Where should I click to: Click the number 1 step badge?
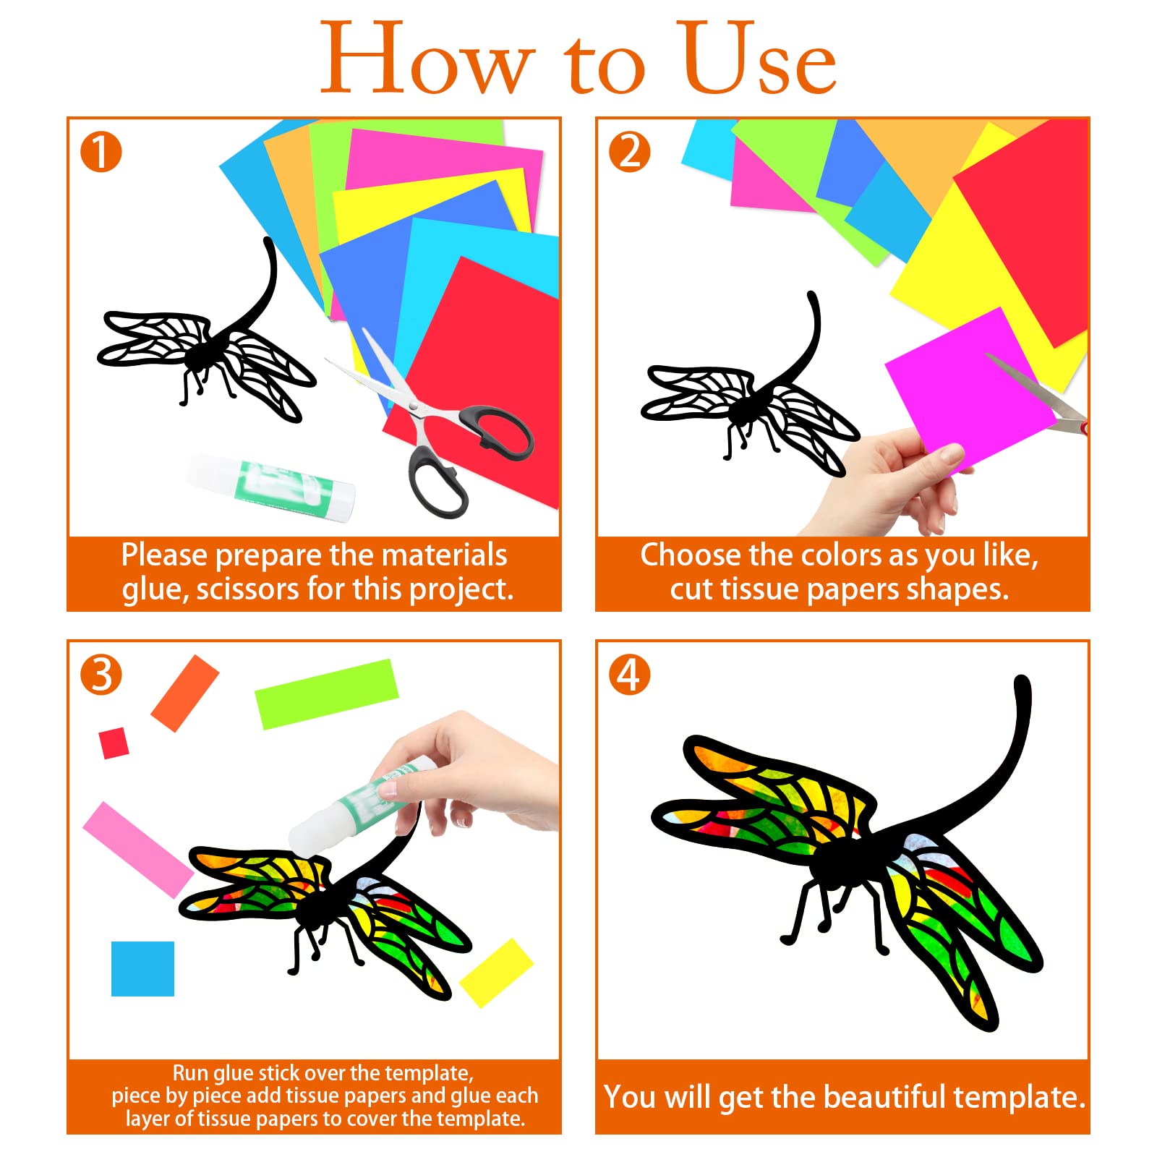(101, 152)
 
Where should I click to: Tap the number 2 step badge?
(630, 152)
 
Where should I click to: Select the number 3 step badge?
(101, 675)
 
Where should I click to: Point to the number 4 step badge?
(630, 675)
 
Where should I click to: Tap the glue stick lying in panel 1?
(271, 487)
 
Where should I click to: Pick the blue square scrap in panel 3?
(142, 969)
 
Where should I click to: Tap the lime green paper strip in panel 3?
(327, 694)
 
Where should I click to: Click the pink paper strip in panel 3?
(138, 850)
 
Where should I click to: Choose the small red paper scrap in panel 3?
(114, 743)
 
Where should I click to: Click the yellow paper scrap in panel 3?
(496, 973)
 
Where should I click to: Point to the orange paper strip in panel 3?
(185, 693)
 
